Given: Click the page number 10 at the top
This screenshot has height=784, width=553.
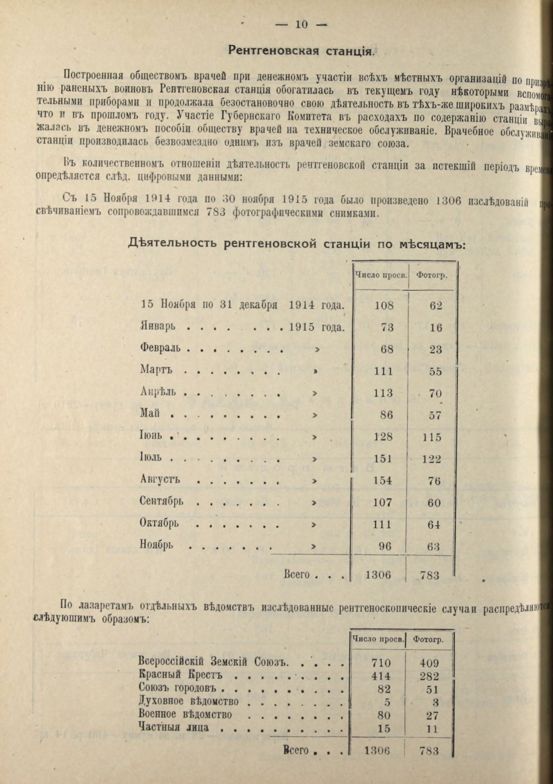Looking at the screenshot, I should click(x=301, y=24).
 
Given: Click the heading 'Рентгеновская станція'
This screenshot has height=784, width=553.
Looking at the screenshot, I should click(x=301, y=50).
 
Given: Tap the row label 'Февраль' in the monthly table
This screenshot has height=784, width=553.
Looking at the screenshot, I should click(x=160, y=349).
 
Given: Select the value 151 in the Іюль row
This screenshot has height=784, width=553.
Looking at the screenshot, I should click(x=383, y=458).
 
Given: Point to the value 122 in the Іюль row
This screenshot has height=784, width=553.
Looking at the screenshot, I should click(x=431, y=459).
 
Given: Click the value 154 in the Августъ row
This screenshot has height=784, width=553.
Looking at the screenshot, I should click(x=383, y=480).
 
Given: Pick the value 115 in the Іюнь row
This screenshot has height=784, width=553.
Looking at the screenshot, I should click(x=431, y=437).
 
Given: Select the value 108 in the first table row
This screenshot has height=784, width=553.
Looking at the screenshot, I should click(x=384, y=305).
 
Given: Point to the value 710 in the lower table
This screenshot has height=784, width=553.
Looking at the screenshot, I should click(x=381, y=663).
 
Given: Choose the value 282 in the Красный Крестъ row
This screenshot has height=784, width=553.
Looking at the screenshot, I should click(x=429, y=676).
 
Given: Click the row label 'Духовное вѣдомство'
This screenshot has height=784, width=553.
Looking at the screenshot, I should click(x=189, y=702).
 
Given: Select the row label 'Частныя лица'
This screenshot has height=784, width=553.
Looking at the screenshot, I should click(x=174, y=728).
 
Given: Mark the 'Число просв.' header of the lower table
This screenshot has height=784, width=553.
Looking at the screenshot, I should click(x=378, y=640).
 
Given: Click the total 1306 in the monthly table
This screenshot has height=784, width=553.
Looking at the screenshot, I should click(x=378, y=575).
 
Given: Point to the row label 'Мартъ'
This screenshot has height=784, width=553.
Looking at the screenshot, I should click(x=156, y=370).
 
